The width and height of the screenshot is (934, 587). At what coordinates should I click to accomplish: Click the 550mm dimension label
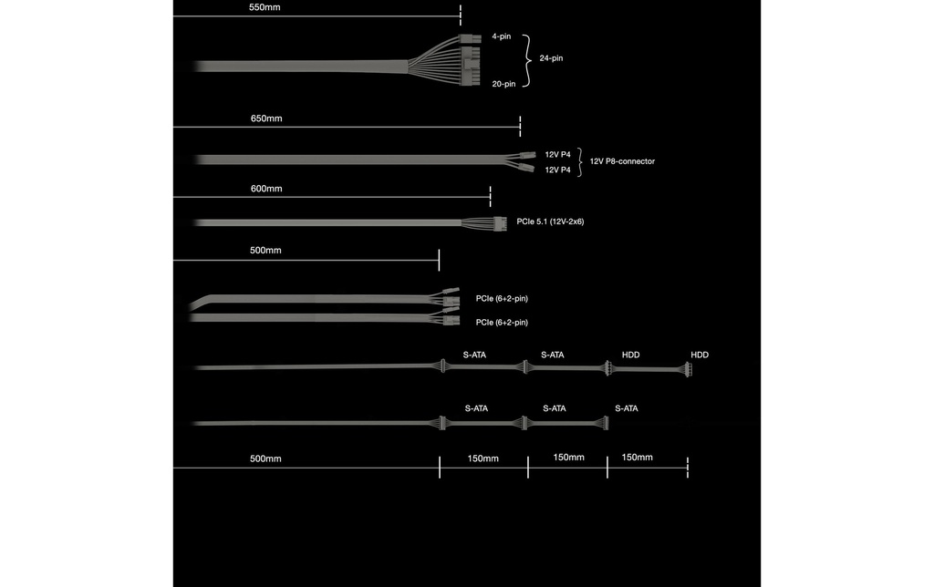tap(265, 7)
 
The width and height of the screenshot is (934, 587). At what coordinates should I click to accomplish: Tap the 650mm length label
tap(266, 118)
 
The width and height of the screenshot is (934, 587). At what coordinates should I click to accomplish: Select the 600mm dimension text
tap(266, 189)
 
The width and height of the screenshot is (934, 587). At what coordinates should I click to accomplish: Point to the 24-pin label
tap(551, 58)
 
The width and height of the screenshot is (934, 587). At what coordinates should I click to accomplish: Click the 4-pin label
tap(502, 36)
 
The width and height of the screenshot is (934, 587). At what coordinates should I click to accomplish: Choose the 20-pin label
tap(503, 84)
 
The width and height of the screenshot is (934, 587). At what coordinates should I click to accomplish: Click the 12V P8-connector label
tap(622, 161)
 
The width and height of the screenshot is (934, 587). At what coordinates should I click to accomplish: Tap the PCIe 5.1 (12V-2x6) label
tap(550, 221)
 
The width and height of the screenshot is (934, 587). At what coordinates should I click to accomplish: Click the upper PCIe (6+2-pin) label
tap(502, 298)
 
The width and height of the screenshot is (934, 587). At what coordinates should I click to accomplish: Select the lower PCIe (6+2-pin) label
tap(502, 322)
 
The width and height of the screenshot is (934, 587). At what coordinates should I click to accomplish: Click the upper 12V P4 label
tap(557, 155)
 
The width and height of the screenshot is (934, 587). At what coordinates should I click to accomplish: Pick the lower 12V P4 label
tap(557, 170)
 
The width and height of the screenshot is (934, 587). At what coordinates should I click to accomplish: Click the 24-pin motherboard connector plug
tap(470, 59)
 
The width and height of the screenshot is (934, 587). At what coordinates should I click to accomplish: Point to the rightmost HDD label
tap(700, 355)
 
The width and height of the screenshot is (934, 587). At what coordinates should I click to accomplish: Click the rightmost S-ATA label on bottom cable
tap(627, 408)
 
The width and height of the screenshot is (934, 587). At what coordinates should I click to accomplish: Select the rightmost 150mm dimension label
tap(638, 458)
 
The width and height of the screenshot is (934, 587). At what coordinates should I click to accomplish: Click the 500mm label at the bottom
tap(265, 459)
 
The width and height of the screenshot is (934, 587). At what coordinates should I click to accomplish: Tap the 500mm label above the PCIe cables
tap(265, 251)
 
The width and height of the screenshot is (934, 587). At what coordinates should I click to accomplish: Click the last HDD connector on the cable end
tap(688, 369)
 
